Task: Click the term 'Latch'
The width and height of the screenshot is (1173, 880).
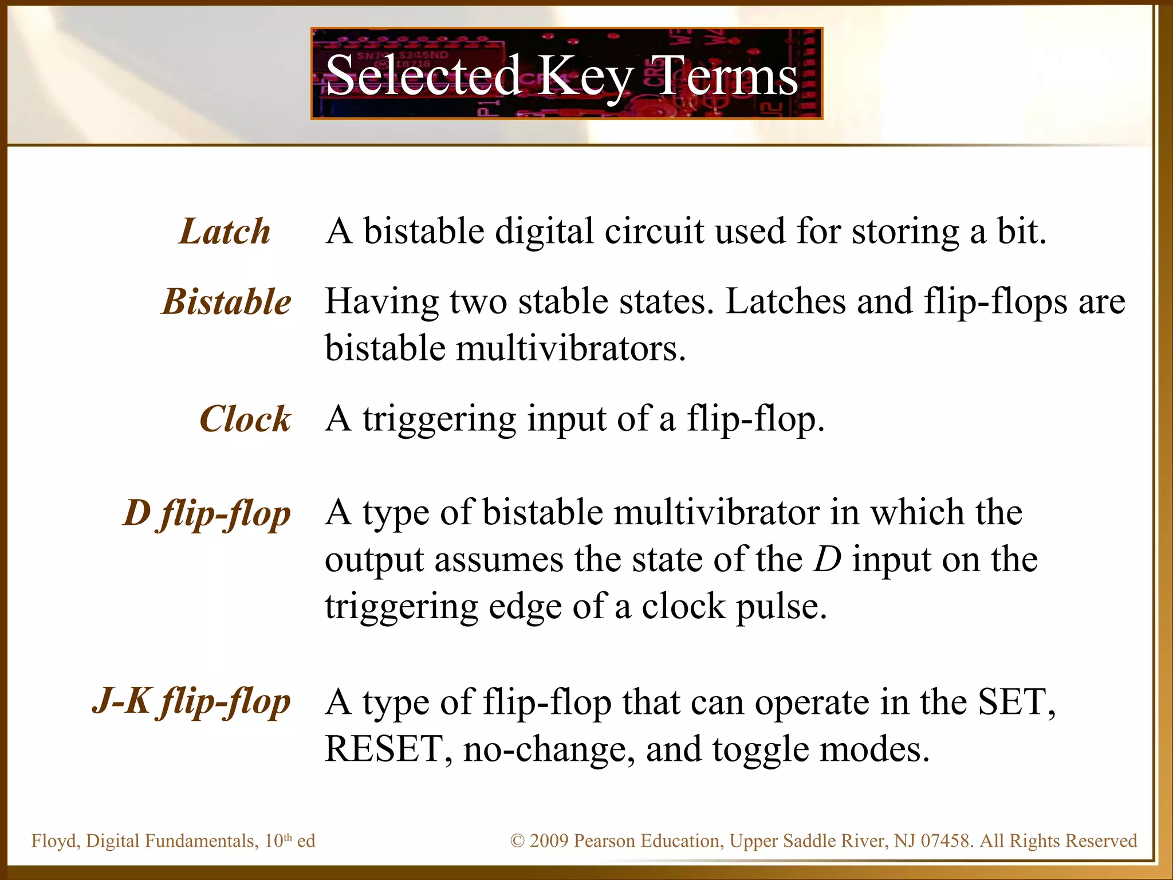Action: [225, 231]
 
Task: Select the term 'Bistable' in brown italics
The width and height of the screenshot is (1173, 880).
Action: [227, 302]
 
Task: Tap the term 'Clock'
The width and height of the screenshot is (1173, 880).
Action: [245, 419]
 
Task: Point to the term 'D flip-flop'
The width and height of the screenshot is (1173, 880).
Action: [207, 513]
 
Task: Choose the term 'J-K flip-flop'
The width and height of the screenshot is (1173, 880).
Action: [192, 701]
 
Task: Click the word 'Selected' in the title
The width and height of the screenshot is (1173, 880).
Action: [423, 75]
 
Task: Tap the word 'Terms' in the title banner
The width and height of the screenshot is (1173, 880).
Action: [726, 75]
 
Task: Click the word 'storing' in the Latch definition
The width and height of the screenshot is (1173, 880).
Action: [905, 231]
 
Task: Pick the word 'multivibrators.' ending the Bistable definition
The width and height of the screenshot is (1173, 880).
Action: [570, 348]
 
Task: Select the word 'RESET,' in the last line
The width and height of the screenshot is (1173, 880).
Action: [388, 749]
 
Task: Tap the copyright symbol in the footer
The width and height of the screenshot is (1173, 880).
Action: [517, 841]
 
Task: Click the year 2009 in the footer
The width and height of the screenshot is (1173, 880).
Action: [549, 841]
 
